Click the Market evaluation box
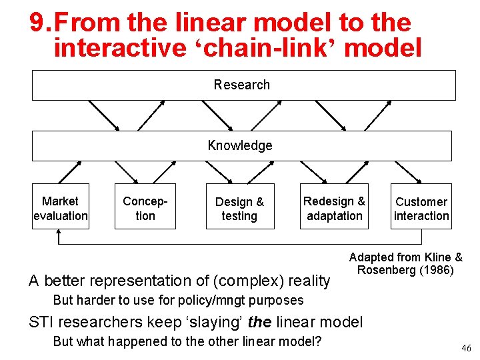pyautogui.click(x=60, y=207)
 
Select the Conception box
pyautogui.click(x=145, y=207)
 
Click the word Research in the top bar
pyautogui.click(x=242, y=85)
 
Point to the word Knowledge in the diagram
pyautogui.click(x=240, y=145)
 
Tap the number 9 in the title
pyautogui.click(x=37, y=23)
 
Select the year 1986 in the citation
pyautogui.click(x=437, y=270)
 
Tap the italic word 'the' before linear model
pyautogui.click(x=259, y=323)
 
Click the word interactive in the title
pyautogui.click(x=117, y=48)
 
